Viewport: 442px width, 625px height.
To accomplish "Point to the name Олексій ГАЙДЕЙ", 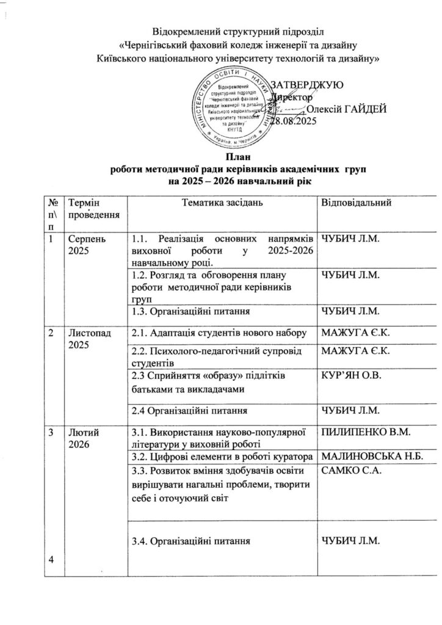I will [x=346, y=109].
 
